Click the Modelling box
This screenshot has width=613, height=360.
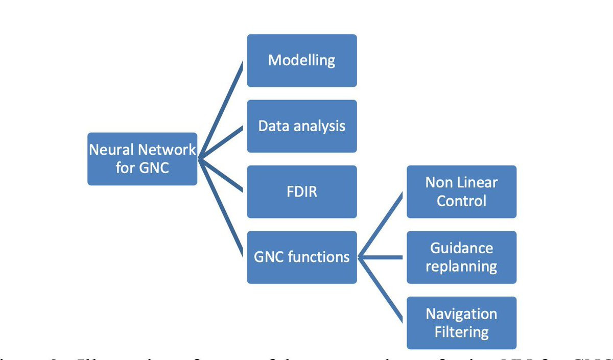pyautogui.click(x=302, y=60)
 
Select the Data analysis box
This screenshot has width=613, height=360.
pyautogui.click(x=302, y=126)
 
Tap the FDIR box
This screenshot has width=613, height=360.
pyautogui.click(x=302, y=191)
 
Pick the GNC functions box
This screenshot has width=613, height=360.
pyautogui.click(x=302, y=257)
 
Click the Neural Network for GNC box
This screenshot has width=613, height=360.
pyautogui.click(x=142, y=159)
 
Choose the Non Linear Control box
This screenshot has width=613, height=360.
pyautogui.click(x=461, y=191)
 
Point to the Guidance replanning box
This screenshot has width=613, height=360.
pyautogui.click(x=461, y=257)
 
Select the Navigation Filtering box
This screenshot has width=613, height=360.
pyautogui.click(x=461, y=323)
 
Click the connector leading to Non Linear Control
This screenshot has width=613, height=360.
pyautogui.click(x=382, y=224)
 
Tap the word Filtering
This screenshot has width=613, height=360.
pyautogui.click(x=461, y=332)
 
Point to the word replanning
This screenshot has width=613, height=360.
pyautogui.click(x=461, y=267)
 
